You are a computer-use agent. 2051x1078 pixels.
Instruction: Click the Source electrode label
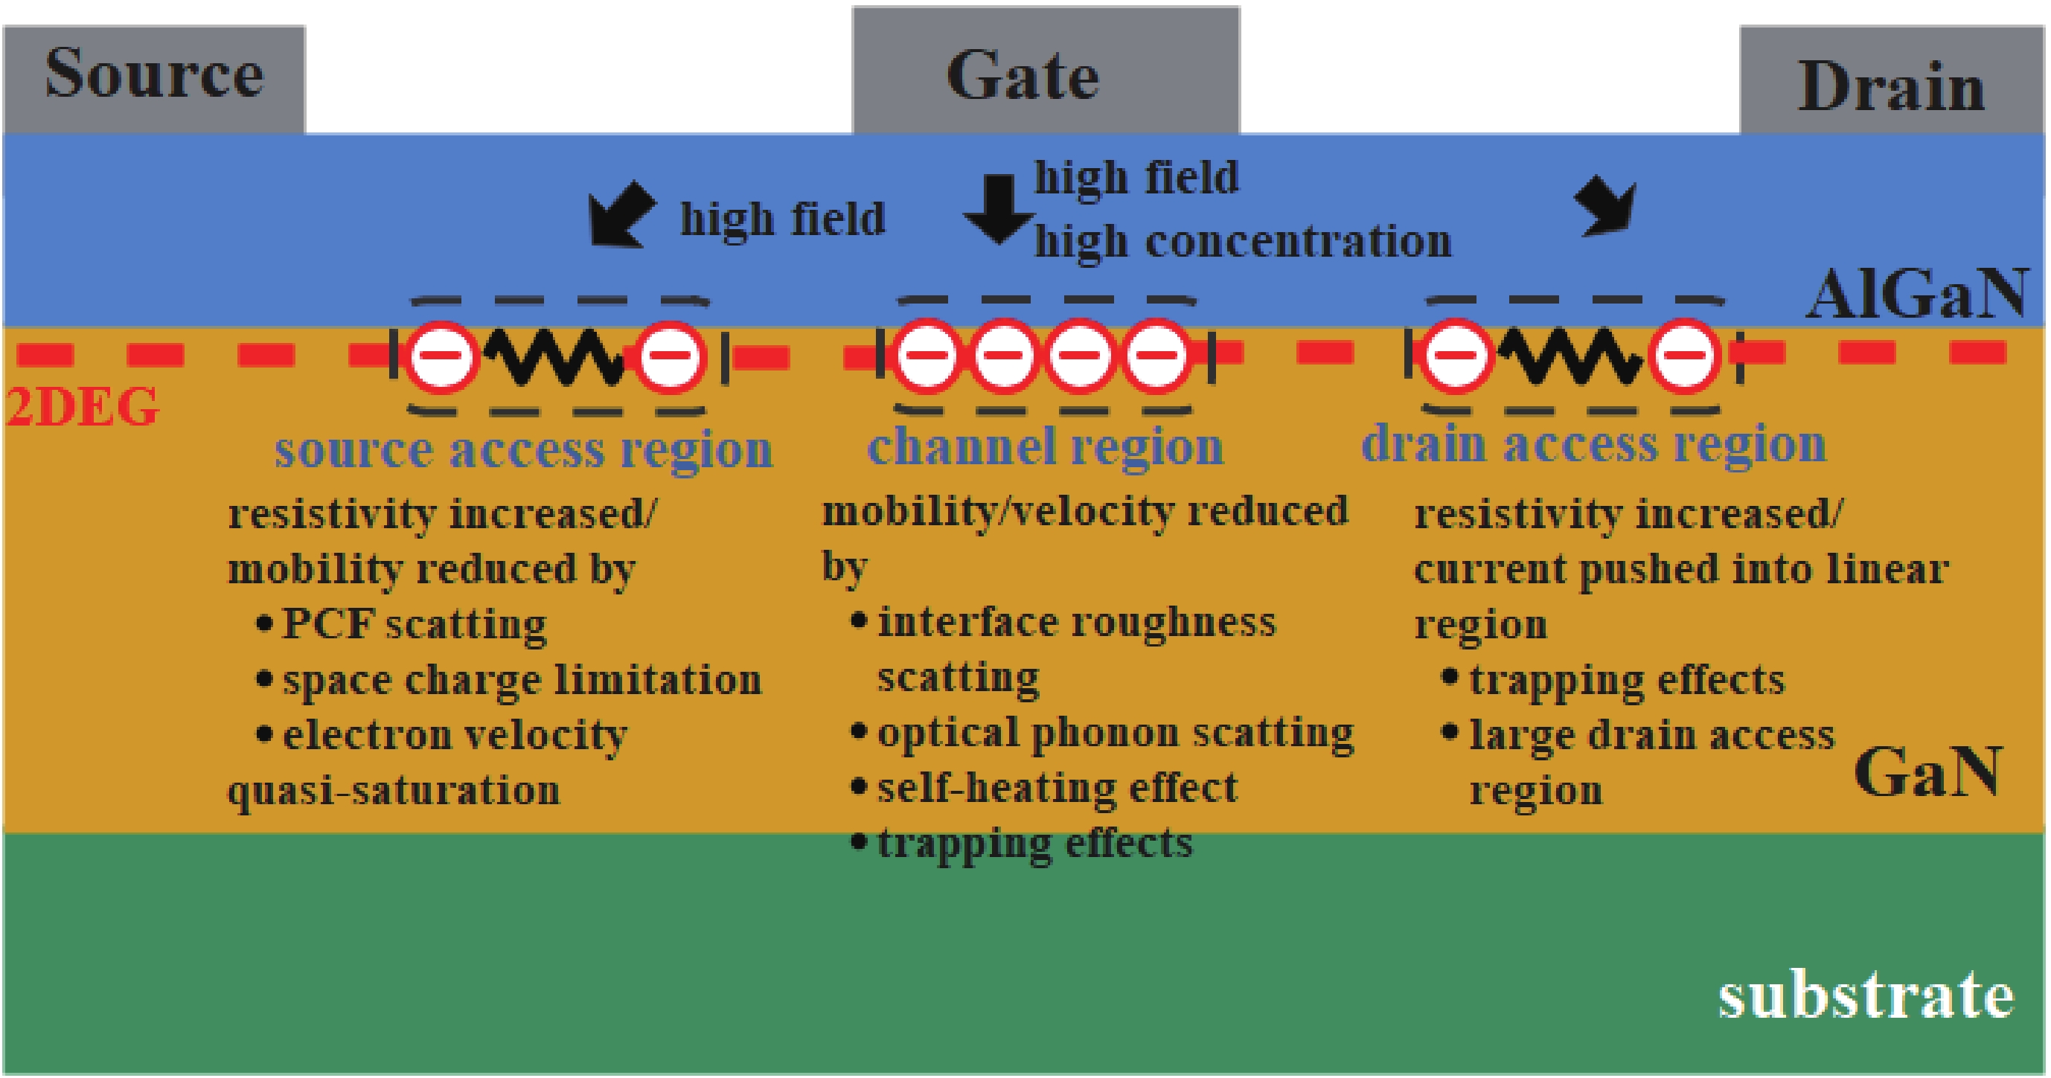153,73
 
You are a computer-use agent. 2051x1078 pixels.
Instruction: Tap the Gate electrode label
1023,77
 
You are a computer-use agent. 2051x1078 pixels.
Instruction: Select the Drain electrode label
1891,88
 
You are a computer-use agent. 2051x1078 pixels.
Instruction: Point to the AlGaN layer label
1919,295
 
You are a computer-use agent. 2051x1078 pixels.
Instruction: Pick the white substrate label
1866,995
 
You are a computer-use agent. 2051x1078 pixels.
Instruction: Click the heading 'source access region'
523,450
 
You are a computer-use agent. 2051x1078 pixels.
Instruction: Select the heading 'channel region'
1045,446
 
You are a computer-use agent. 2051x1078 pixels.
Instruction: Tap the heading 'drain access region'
1593,444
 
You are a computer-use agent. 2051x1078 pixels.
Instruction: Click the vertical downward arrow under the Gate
999,208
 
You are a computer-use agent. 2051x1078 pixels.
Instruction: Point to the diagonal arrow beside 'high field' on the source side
622,214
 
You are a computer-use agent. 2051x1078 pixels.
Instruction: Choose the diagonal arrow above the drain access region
1607,208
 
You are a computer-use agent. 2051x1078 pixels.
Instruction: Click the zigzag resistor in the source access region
556,356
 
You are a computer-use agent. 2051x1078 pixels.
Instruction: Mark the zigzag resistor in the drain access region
1570,356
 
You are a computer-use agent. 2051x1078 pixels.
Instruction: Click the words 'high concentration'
1242,242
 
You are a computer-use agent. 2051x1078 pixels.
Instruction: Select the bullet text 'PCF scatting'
414,624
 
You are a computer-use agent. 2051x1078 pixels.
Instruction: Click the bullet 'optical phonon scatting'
1115,734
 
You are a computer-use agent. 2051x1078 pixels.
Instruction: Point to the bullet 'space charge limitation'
522,681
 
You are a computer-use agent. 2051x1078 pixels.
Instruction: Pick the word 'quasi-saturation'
394,791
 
